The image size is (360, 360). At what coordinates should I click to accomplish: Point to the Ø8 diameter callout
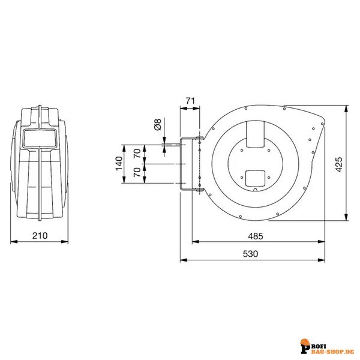(x=157, y=125)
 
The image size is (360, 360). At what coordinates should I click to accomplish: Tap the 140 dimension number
(x=118, y=163)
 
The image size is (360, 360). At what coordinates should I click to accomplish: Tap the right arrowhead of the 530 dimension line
(x=322, y=261)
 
